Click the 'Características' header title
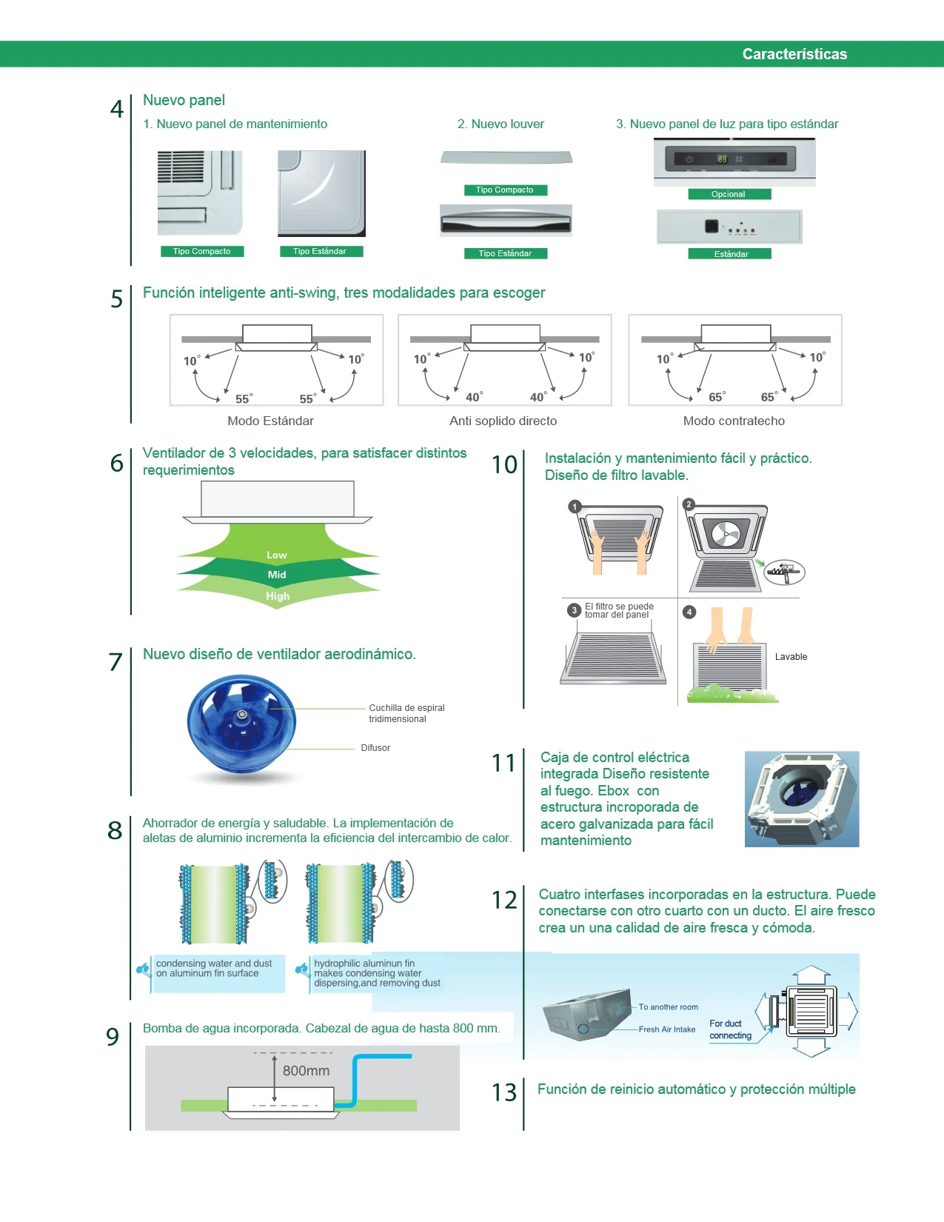pos(794,54)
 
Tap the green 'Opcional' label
pos(729,194)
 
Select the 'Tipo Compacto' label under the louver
pos(505,190)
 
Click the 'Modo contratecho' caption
pos(734,421)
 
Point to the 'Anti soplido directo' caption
pos(503,421)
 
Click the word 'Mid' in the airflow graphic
pos(277,575)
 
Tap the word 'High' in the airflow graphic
pos(278,596)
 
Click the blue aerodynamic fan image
pos(242,726)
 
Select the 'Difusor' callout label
pos(375,748)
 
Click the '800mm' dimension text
pos(306,1071)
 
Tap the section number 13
pos(503,1092)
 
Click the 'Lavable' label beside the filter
pos(791,657)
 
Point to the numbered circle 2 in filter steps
pos(689,504)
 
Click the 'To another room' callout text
pos(669,1007)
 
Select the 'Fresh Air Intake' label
pos(667,1029)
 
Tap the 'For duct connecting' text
pos(730,1029)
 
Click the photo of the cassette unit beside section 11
pos(802,799)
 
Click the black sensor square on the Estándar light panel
pos(712,226)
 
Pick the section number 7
pos(116,662)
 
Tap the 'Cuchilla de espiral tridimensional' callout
pos(406,714)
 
